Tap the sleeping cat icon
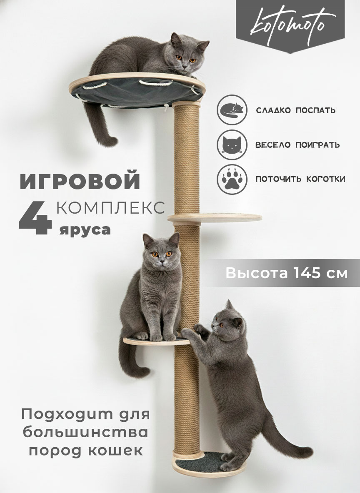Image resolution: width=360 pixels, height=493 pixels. [x=232, y=110]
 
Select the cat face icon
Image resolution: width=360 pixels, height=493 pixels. [x=232, y=144]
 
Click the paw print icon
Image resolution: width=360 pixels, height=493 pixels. [x=232, y=179]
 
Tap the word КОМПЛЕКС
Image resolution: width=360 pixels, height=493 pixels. [x=110, y=208]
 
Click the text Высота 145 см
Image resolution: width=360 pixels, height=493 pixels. [x=286, y=273]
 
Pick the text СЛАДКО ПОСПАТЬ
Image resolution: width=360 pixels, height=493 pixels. [x=295, y=110]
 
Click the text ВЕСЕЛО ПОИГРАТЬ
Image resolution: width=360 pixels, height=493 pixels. [x=297, y=144]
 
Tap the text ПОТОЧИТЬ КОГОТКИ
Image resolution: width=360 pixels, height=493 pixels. [x=300, y=179]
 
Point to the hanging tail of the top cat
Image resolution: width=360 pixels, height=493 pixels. [x=99, y=126]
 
